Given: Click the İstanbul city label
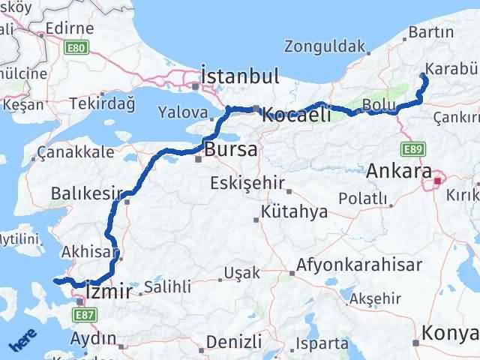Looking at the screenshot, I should (x=240, y=76).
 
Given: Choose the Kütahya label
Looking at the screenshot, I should (x=295, y=211).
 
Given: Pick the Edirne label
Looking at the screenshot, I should (x=69, y=28).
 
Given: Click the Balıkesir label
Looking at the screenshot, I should (x=85, y=194).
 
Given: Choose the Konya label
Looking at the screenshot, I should (x=450, y=333).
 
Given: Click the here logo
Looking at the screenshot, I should (x=22, y=341).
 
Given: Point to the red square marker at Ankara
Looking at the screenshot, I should (x=437, y=181).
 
